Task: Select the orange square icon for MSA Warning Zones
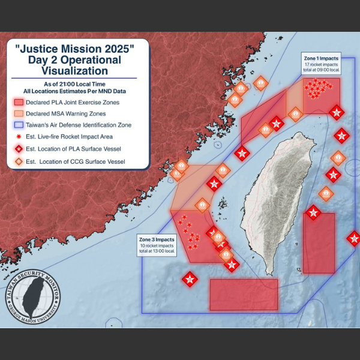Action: click(x=19, y=113)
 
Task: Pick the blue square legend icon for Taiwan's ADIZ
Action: click(x=19, y=125)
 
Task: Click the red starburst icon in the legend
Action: click(x=19, y=137)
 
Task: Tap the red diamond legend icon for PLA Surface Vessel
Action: click(x=19, y=149)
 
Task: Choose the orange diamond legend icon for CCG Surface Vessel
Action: click(x=19, y=161)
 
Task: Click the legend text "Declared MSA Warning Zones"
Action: click(x=74, y=113)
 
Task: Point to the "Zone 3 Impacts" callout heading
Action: click(x=157, y=240)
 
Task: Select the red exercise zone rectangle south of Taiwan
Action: click(x=244, y=294)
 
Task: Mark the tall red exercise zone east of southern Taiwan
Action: click(x=319, y=242)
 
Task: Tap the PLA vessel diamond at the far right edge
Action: click(x=354, y=238)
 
